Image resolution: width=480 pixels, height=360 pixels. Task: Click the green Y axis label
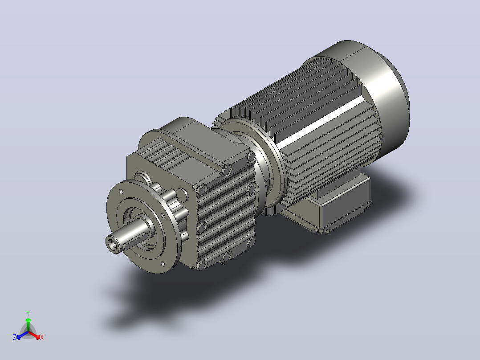pos(28,313)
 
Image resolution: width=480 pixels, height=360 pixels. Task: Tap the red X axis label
pos(42,337)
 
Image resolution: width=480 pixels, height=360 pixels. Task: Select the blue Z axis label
pos(15,337)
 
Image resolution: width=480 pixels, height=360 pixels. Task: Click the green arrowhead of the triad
pos(28,320)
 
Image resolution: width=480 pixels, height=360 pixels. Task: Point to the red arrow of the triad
pos(35,335)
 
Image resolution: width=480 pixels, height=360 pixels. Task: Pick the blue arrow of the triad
pos(22,335)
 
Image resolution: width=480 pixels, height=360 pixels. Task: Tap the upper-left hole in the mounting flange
pos(121,192)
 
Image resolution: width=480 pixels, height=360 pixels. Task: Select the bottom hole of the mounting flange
pos(163,264)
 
